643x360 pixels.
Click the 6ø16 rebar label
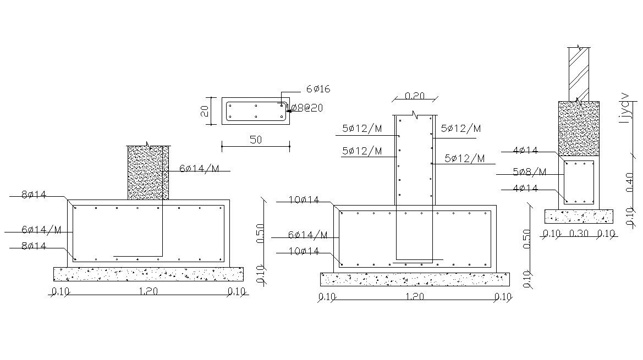318,89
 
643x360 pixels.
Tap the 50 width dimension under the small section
256,140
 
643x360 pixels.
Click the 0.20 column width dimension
415,96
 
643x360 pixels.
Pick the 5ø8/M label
529,172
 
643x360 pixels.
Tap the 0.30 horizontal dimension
579,234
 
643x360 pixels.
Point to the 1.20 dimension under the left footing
149,292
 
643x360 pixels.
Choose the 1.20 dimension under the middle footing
415,297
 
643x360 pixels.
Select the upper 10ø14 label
304,200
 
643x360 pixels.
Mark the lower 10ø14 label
304,252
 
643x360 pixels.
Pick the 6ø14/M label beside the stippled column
199,169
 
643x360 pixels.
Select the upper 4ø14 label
525,150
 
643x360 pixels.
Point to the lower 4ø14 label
525,189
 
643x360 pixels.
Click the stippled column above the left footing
148,173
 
